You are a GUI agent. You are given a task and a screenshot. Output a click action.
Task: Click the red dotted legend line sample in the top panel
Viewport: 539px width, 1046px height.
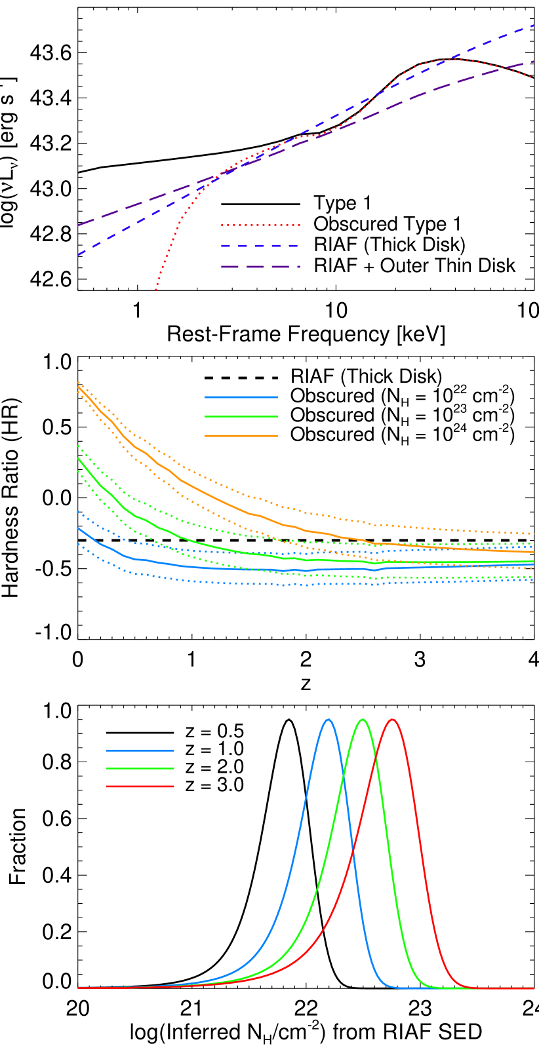tap(260, 225)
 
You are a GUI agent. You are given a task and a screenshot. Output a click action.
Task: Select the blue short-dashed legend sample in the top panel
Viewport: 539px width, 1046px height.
tap(260, 246)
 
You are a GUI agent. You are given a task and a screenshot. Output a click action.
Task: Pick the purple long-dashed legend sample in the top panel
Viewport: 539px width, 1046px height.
tap(260, 267)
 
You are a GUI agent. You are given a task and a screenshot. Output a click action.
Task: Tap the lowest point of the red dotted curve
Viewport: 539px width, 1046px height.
tap(155, 289)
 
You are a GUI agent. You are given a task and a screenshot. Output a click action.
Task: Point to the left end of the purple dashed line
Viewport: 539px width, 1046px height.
tap(78, 225)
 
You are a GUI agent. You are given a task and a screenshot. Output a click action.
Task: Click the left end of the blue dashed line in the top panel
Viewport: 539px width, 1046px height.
tap(78, 254)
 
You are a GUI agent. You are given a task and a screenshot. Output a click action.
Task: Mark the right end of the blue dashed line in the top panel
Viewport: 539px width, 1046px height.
tap(534, 26)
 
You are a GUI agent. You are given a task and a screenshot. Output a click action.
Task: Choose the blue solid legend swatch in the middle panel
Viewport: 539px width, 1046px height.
tap(241, 397)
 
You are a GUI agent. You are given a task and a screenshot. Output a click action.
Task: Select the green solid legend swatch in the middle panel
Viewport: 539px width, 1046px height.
tap(241, 416)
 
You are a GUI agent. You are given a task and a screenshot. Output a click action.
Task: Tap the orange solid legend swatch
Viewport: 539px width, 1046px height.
tap(241, 436)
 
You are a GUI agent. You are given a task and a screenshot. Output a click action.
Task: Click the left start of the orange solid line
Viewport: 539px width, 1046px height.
tap(78, 387)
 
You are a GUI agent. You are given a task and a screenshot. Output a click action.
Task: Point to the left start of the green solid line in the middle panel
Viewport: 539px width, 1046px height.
tap(78, 458)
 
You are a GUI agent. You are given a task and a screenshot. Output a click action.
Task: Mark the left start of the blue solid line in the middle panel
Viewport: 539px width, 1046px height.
tap(78, 528)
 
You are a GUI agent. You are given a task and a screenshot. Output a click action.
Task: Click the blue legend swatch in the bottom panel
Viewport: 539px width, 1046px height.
tap(140, 750)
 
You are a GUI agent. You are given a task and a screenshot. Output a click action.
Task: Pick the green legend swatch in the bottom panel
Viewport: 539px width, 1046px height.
tap(140, 768)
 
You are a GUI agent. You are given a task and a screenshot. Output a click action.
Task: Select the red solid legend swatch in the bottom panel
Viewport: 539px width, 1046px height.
tap(140, 786)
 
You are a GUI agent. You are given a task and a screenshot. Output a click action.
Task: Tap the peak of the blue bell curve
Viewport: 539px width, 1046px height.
tap(329, 719)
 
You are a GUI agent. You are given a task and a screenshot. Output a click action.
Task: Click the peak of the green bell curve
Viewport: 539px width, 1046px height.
tap(363, 719)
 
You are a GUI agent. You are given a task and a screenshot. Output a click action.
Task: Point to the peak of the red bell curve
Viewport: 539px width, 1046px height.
tap(392, 719)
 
